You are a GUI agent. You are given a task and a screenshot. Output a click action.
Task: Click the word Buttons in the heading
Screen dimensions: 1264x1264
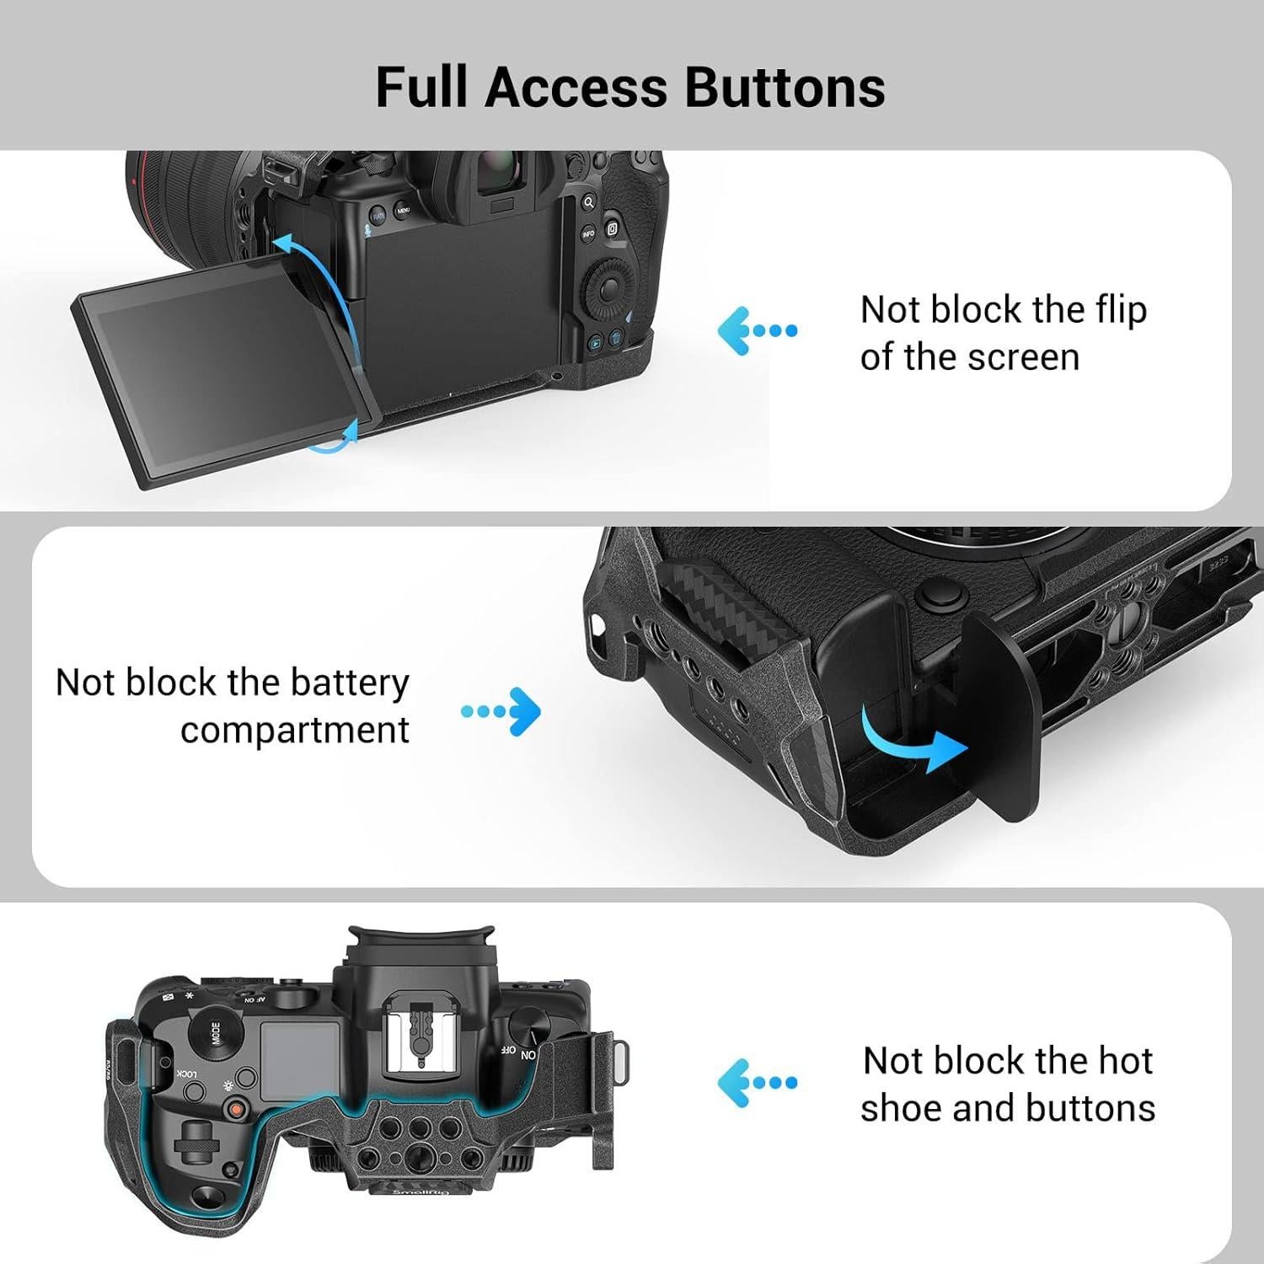[785, 88]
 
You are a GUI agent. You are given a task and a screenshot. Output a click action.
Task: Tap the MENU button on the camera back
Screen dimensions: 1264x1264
[404, 210]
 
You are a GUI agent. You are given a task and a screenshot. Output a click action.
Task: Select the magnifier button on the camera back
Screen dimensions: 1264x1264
[588, 202]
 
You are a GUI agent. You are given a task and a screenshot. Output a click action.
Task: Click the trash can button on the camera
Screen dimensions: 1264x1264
[616, 340]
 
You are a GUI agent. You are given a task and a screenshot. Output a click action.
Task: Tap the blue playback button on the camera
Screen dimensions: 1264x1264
[595, 342]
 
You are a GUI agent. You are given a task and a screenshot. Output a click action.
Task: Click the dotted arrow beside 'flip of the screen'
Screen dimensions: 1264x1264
[757, 330]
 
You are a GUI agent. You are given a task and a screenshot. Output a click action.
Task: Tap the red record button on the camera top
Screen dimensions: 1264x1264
[238, 1111]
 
